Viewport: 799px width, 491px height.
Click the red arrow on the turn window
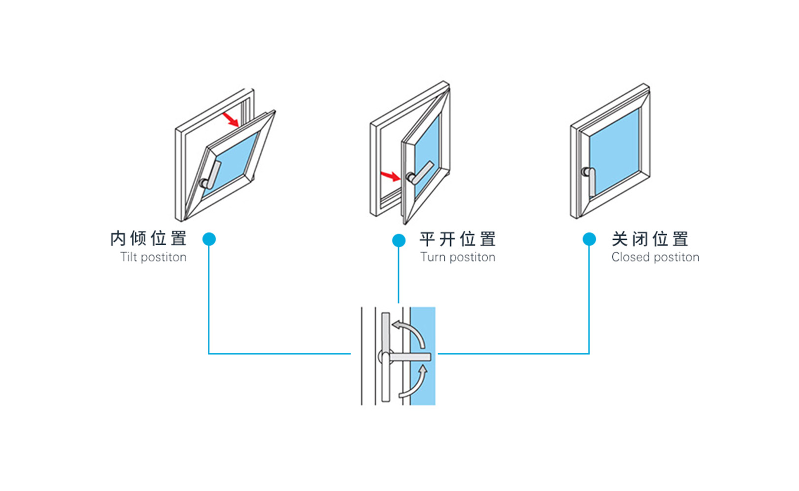tap(390, 176)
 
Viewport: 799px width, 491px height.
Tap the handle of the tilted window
tap(212, 176)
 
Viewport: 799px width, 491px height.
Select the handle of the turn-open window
tap(419, 173)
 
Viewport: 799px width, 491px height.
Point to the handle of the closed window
tap(590, 180)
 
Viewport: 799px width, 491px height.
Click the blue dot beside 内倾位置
tap(209, 239)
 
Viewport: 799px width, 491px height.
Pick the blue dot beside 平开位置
tap(399, 240)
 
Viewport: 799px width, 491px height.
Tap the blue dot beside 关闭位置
tap(589, 239)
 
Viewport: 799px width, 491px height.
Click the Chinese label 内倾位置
tap(148, 239)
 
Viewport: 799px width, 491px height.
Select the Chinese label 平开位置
tap(457, 239)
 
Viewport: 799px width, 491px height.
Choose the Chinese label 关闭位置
tap(649, 239)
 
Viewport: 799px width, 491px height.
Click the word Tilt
tap(128, 257)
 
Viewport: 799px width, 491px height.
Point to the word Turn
tap(433, 257)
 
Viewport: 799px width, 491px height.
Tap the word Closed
tap(630, 257)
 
